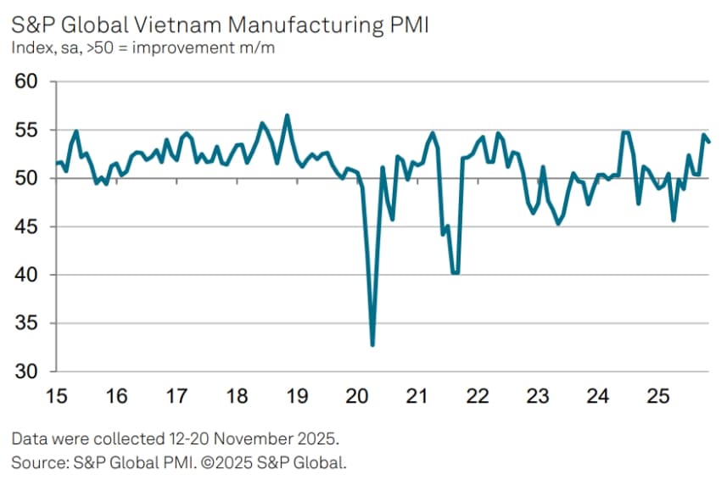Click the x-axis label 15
click(x=56, y=396)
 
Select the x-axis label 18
click(x=236, y=396)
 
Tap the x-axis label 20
click(x=356, y=396)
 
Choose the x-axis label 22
click(x=477, y=396)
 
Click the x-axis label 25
click(x=657, y=396)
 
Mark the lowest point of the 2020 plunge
click(x=372, y=345)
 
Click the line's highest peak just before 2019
click(x=288, y=115)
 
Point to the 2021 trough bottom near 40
click(x=456, y=273)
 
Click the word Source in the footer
click(x=36, y=462)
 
